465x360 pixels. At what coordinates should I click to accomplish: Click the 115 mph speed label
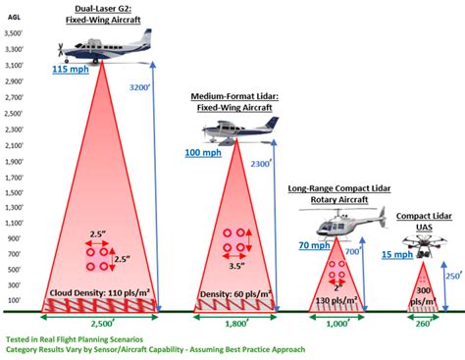(x=72, y=71)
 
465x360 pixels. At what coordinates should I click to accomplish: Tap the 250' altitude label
(x=452, y=277)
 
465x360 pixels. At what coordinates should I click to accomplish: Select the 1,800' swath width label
(x=237, y=323)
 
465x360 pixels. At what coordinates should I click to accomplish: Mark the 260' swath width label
(x=424, y=323)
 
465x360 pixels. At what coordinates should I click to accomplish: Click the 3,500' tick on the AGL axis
(x=15, y=32)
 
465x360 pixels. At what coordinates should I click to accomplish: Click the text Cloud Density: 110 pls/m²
(x=99, y=292)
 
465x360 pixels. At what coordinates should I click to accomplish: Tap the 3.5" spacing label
(x=235, y=266)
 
